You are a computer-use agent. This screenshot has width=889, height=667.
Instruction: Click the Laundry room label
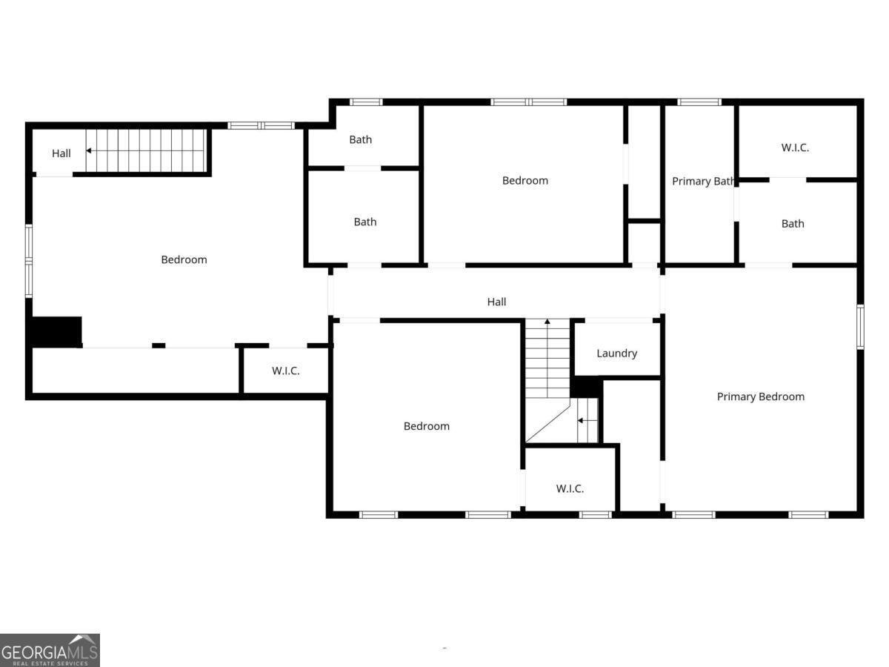616,354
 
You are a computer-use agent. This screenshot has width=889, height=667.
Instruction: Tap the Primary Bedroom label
761,396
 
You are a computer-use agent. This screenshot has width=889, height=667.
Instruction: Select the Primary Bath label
703,181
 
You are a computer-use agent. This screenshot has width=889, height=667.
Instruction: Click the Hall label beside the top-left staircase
61,153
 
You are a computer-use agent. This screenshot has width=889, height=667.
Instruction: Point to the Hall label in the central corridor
496,302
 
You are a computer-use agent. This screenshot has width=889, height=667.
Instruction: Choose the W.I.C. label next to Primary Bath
795,147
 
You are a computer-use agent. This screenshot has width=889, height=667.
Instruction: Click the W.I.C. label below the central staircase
570,488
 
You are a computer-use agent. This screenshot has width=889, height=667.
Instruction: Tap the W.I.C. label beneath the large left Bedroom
285,371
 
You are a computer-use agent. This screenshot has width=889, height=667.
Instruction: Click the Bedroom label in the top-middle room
525,180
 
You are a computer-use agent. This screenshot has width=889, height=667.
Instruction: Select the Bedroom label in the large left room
184,259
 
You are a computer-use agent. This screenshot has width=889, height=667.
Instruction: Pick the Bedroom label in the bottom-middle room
427,425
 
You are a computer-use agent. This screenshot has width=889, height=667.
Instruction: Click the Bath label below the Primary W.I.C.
793,224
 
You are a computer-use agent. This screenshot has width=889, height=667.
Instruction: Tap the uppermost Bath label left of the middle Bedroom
361,139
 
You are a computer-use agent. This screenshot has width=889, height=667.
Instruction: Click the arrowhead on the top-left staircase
88,150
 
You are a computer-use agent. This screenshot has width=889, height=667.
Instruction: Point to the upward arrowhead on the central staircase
547,322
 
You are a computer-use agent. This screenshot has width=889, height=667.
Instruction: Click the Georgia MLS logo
50,650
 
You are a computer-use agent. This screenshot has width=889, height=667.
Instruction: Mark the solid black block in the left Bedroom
56,332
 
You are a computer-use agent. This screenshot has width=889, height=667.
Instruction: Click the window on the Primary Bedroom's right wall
860,326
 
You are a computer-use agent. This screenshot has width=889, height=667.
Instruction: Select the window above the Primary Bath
699,102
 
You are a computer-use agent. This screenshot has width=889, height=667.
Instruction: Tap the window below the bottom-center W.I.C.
595,515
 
